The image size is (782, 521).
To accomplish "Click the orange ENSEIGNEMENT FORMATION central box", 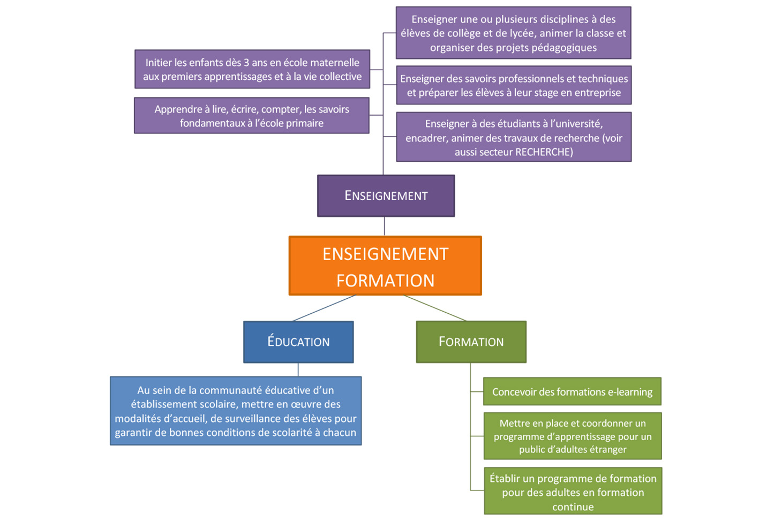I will [385, 266].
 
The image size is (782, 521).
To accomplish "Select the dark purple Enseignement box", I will [386, 195].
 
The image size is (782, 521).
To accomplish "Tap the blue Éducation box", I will [298, 342].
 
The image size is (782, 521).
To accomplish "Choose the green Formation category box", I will [471, 342].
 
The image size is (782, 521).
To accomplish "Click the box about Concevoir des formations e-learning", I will [572, 391].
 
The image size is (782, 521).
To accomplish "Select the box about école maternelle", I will [252, 69].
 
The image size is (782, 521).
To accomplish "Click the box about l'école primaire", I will [251, 116].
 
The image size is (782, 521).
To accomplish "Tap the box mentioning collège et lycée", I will [513, 33].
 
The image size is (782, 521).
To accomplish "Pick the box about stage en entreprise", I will [513, 85].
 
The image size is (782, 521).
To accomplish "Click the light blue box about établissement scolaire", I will [236, 411].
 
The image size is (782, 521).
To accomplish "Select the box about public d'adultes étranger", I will [572, 436].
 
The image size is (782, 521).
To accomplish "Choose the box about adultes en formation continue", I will [573, 492].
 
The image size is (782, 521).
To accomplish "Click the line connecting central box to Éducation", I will [325, 308].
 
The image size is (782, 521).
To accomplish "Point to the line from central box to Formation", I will [435, 308].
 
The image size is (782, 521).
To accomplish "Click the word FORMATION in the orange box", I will [385, 280].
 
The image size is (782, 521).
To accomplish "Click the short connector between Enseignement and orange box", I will [385, 226].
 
